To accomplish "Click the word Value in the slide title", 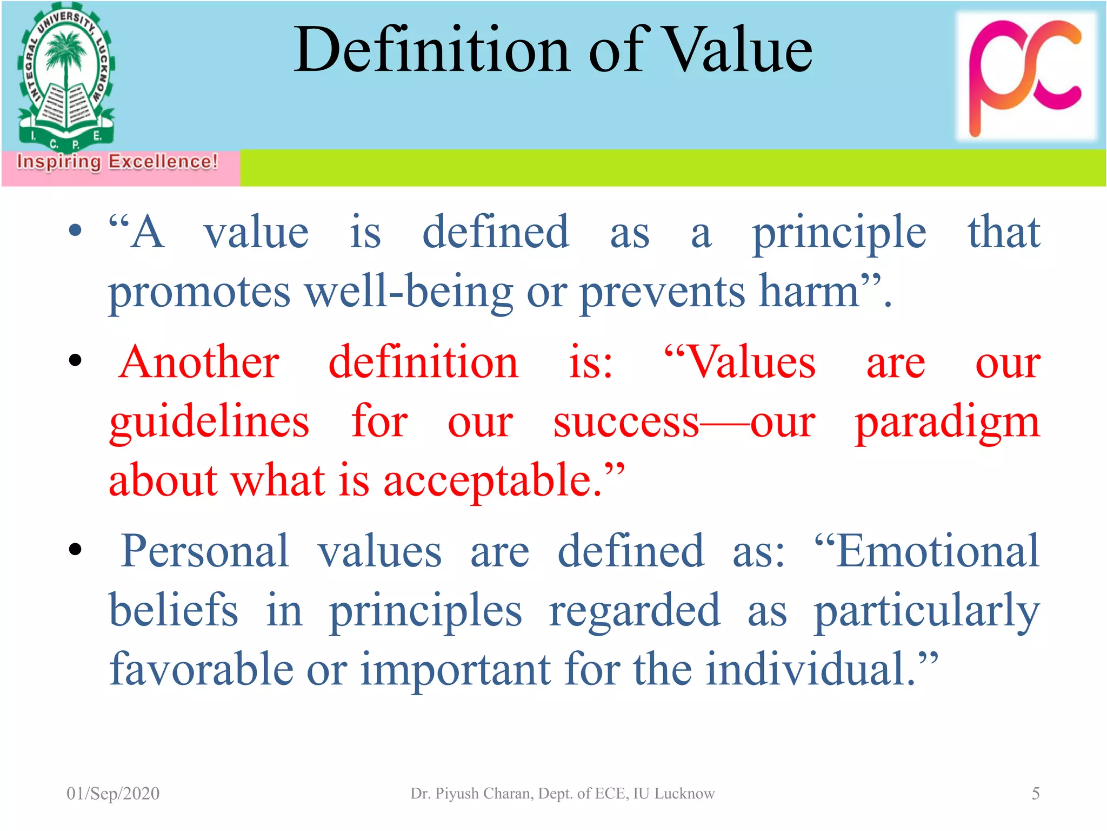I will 738,50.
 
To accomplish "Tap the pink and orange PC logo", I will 1025,76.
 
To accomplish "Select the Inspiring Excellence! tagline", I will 117,162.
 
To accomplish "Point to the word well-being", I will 409,292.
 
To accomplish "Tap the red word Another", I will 199,362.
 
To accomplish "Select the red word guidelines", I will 209,422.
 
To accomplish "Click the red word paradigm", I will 947,422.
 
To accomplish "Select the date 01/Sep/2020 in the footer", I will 113,794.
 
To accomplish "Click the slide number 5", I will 1035,794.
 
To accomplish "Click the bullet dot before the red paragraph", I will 75,360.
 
